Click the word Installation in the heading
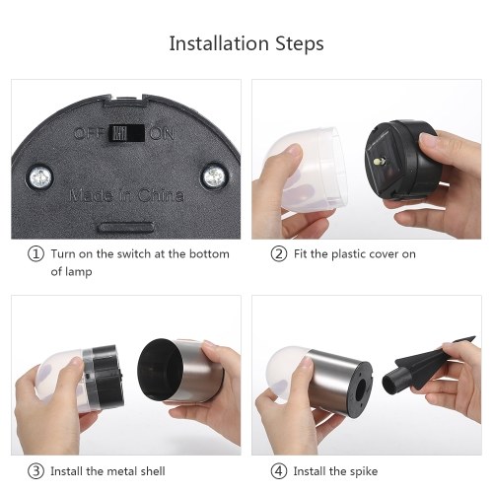point(219,43)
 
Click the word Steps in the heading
point(300,44)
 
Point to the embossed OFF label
point(90,133)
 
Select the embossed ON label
point(162,134)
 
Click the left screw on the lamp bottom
point(40,177)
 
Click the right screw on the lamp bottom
point(214,176)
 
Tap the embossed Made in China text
point(126,195)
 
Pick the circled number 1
point(35,254)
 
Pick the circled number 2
point(279,254)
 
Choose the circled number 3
point(35,471)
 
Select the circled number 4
point(279,471)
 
